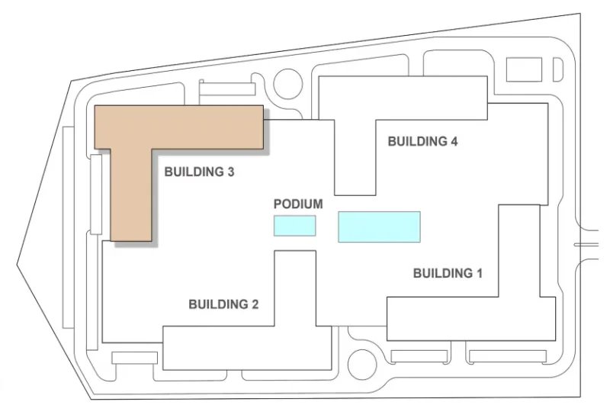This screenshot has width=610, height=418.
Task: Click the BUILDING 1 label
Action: coord(448,272)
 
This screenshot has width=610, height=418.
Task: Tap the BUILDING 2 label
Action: coord(223,304)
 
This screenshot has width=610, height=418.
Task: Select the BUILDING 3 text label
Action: coord(199,172)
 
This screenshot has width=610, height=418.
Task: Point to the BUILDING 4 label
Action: coord(422,141)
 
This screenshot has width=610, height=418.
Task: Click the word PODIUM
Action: coord(298,204)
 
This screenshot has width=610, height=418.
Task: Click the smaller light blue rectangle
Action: coord(294,226)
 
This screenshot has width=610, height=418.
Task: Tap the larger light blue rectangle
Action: coord(379,227)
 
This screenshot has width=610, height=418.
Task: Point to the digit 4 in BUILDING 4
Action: coord(453,141)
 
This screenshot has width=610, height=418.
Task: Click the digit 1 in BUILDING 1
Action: coord(478,272)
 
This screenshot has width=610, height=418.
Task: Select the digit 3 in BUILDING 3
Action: coord(230,172)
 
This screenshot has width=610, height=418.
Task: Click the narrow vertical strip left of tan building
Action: coord(96,194)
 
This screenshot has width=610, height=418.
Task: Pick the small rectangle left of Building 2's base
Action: coord(134,358)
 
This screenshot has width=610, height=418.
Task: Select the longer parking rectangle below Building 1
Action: coord(507,356)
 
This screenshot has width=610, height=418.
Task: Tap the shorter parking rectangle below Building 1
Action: coord(419,356)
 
